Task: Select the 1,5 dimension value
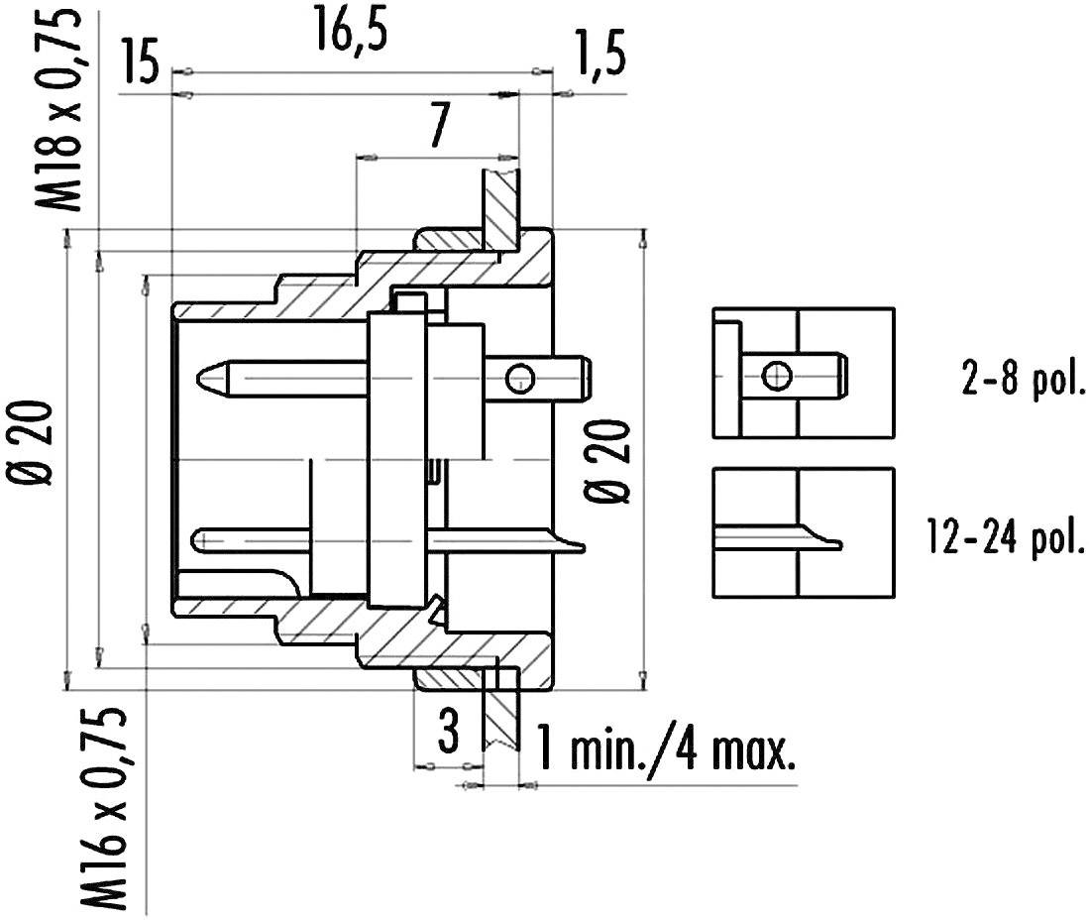pyautogui.click(x=599, y=59)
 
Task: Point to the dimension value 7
pyautogui.click(x=439, y=126)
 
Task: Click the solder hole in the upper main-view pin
pyautogui.click(x=519, y=377)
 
